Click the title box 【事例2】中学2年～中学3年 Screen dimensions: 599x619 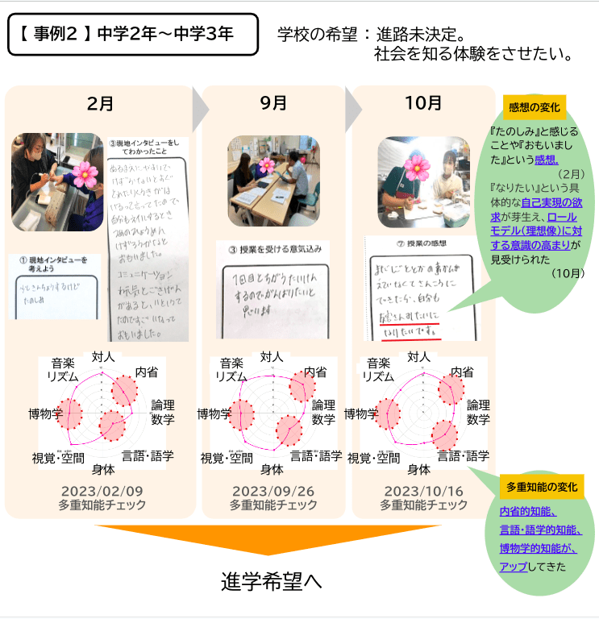pos(133,35)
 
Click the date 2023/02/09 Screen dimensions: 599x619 pos(102,491)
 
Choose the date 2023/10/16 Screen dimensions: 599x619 pos(423,491)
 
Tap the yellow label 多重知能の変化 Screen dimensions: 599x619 pos(542,487)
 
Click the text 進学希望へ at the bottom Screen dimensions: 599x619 pos(272,581)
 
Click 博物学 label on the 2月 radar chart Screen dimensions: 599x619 pos(45,414)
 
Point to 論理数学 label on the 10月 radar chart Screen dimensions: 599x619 pos(478,412)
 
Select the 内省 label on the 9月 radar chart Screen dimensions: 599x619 pos(315,372)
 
